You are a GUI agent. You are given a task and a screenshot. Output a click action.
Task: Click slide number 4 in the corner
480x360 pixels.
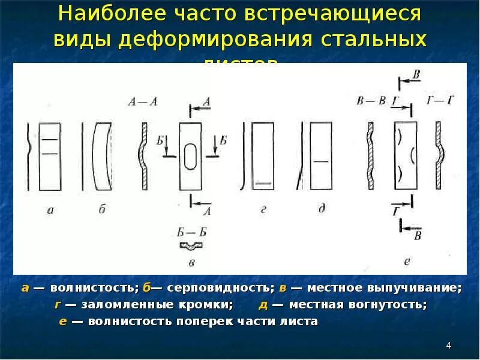pos(448,346)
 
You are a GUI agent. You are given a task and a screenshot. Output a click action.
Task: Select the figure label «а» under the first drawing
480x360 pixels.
pos(50,209)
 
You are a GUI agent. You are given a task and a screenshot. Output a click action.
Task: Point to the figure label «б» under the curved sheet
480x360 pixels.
pos(102,209)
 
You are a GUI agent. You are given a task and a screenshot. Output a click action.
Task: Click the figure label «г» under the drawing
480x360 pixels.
pos(263,209)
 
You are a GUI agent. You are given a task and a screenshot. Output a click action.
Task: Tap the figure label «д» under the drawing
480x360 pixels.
pos(322,209)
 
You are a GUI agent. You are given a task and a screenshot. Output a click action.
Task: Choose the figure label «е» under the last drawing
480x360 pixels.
pos(407,261)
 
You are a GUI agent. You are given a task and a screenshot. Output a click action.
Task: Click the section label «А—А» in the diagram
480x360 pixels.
pos(143,102)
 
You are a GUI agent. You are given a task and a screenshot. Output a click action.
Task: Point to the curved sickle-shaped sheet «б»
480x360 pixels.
pos(101,156)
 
